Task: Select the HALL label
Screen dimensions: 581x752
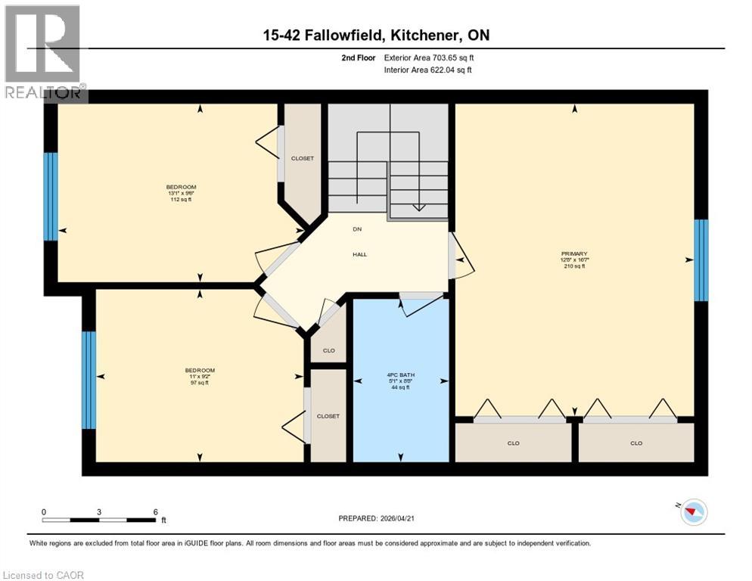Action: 360,255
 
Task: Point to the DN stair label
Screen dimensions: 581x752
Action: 357,228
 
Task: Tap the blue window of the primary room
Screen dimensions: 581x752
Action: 701,260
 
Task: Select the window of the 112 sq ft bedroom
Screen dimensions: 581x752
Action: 51,197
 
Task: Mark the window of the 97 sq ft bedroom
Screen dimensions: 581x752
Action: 89,380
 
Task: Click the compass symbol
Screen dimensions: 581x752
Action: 691,512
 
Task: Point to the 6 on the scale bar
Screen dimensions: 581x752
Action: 155,512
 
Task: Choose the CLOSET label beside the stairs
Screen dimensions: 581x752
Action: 303,159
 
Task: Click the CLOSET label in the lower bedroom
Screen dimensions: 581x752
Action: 328,416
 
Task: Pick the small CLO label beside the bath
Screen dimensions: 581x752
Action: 328,350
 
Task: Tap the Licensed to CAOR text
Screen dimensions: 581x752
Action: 45,575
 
